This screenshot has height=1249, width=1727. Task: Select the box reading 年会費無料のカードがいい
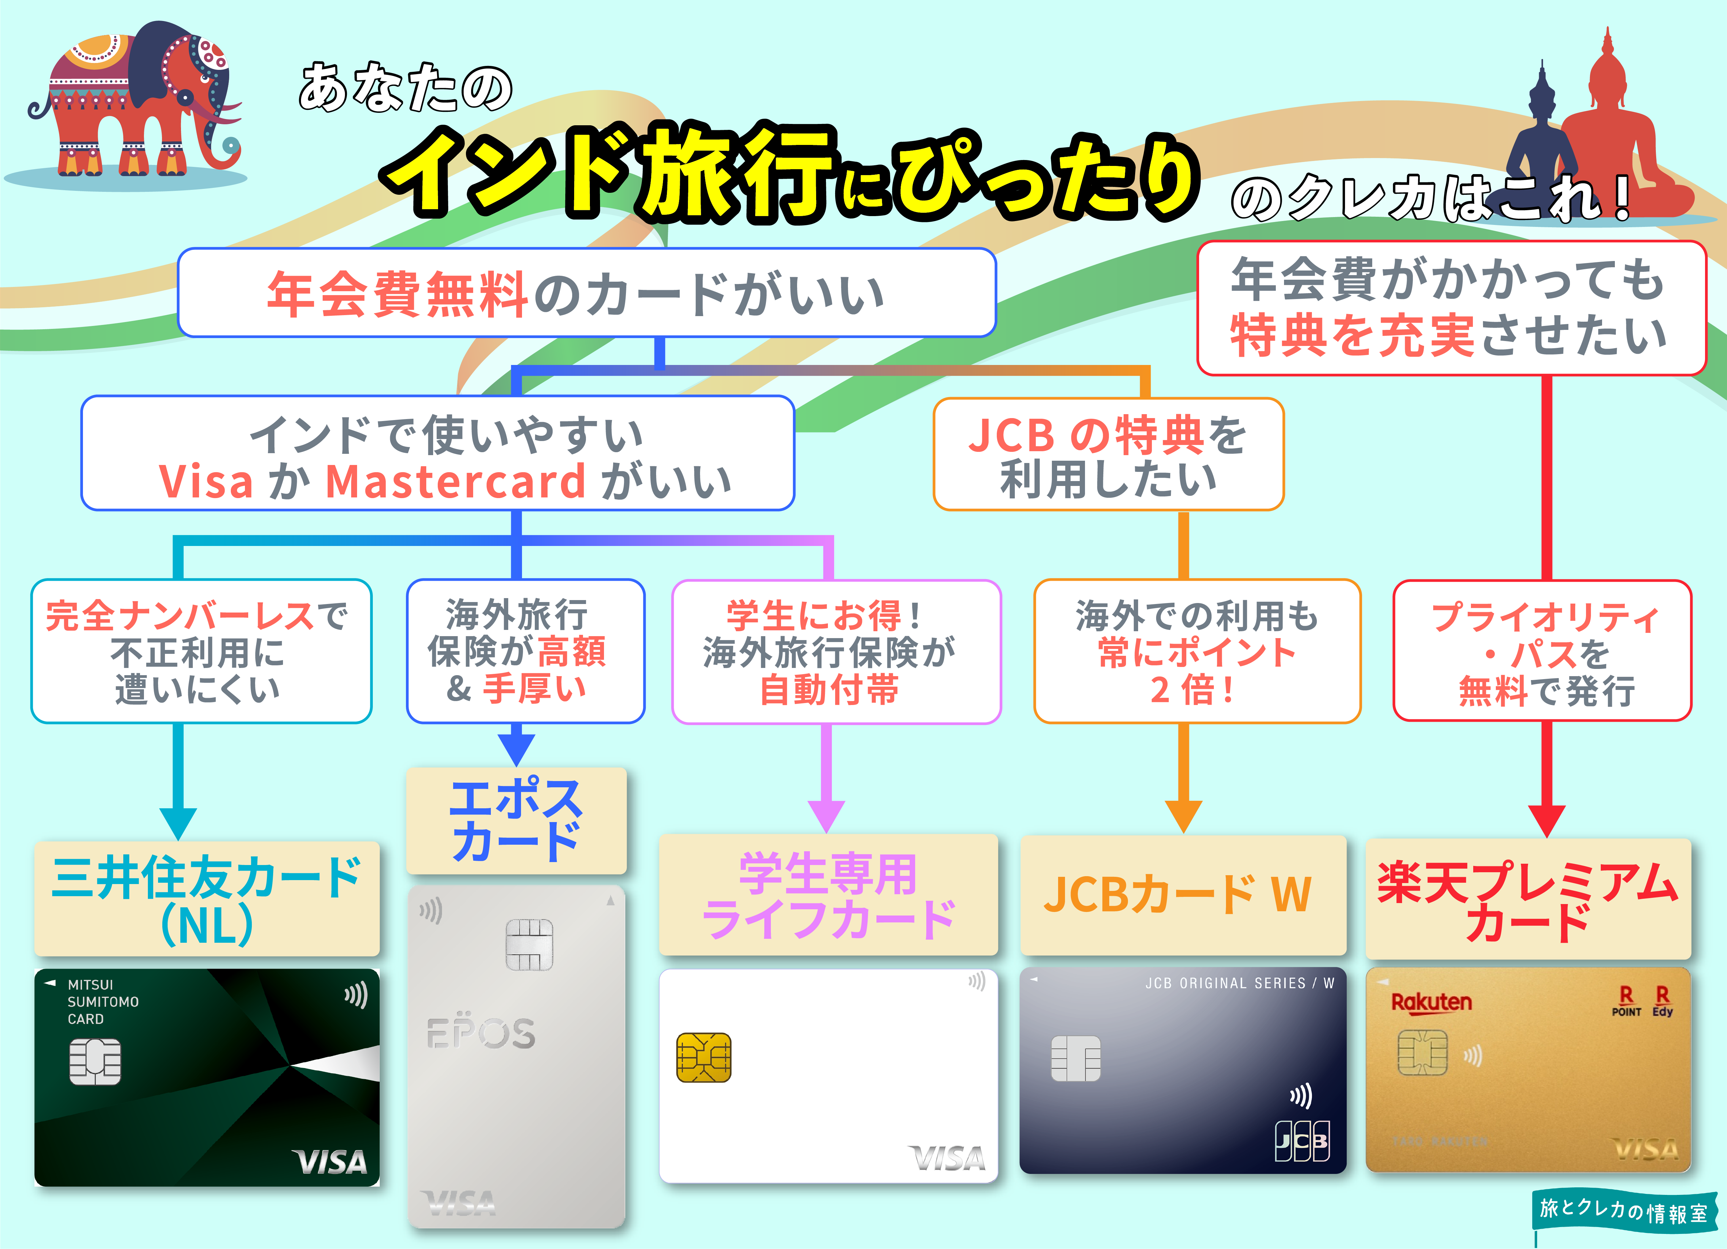tap(586, 293)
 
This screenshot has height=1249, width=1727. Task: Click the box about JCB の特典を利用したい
tap(1108, 455)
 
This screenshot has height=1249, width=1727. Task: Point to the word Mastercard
tap(455, 482)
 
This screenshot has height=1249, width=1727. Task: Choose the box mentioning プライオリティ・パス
tap(1542, 651)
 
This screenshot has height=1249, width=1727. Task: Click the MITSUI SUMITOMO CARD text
tap(103, 1001)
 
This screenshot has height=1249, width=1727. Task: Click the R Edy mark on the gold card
tap(1662, 1001)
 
